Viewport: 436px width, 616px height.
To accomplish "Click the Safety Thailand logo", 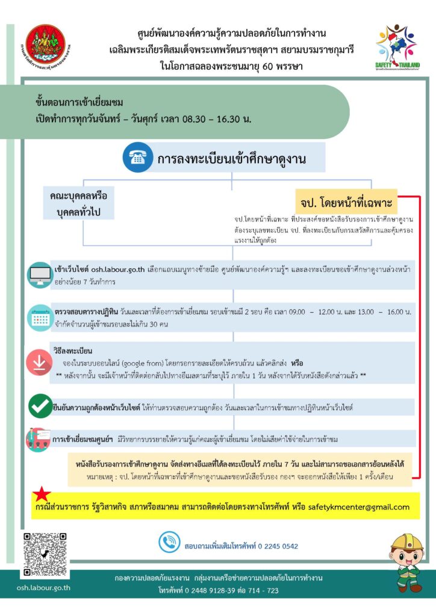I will point(398,48).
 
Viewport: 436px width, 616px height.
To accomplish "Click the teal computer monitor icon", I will point(40,274).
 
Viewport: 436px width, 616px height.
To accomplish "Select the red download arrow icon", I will point(39,362).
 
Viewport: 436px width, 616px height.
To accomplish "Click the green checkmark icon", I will point(40,406).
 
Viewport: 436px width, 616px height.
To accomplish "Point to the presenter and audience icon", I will point(37,439).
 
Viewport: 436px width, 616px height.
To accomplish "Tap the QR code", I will point(43,554).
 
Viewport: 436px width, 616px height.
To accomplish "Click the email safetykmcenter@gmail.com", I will point(359,507).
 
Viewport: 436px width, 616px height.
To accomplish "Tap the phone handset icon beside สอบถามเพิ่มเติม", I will point(169,543).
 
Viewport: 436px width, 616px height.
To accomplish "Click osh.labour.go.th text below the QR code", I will point(43,588).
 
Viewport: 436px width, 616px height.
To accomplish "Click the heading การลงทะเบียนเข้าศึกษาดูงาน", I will point(232,159).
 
